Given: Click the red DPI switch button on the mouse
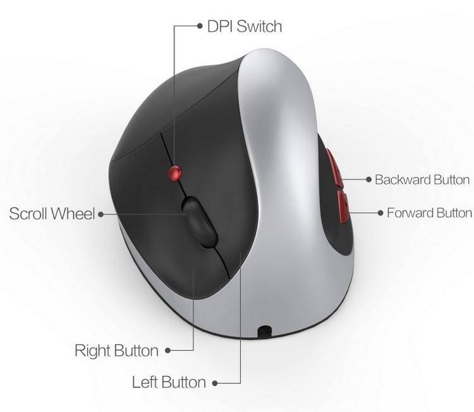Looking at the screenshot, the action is click(x=174, y=173).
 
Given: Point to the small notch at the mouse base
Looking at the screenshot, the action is click(x=265, y=330).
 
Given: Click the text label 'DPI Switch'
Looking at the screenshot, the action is click(x=245, y=27).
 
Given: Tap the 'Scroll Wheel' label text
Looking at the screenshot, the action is click(x=52, y=214).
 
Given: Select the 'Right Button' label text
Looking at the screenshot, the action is click(x=117, y=351).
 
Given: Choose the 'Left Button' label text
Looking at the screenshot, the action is click(x=169, y=382).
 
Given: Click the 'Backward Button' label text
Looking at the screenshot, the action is click(x=422, y=179).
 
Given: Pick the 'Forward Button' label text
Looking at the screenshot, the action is click(x=429, y=213).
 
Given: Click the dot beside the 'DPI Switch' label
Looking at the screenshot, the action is click(x=200, y=26).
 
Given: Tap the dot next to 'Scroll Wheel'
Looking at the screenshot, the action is click(x=101, y=214).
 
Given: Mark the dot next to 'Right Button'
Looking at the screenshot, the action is click(x=167, y=351).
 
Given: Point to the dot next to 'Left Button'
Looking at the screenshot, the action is click(x=215, y=384).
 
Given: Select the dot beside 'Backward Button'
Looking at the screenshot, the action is click(x=368, y=179).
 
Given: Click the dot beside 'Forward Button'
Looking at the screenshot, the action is click(x=380, y=213).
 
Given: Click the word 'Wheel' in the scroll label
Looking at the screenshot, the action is click(x=73, y=214).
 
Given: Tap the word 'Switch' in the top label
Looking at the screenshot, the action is click(x=259, y=27).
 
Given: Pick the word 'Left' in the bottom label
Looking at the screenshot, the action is click(x=145, y=382).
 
